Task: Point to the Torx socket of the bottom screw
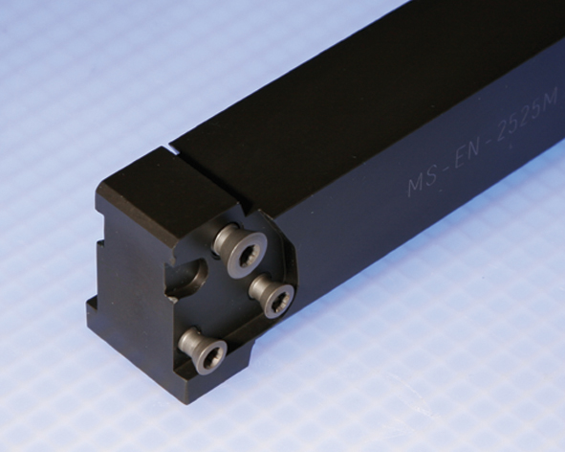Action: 210,358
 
